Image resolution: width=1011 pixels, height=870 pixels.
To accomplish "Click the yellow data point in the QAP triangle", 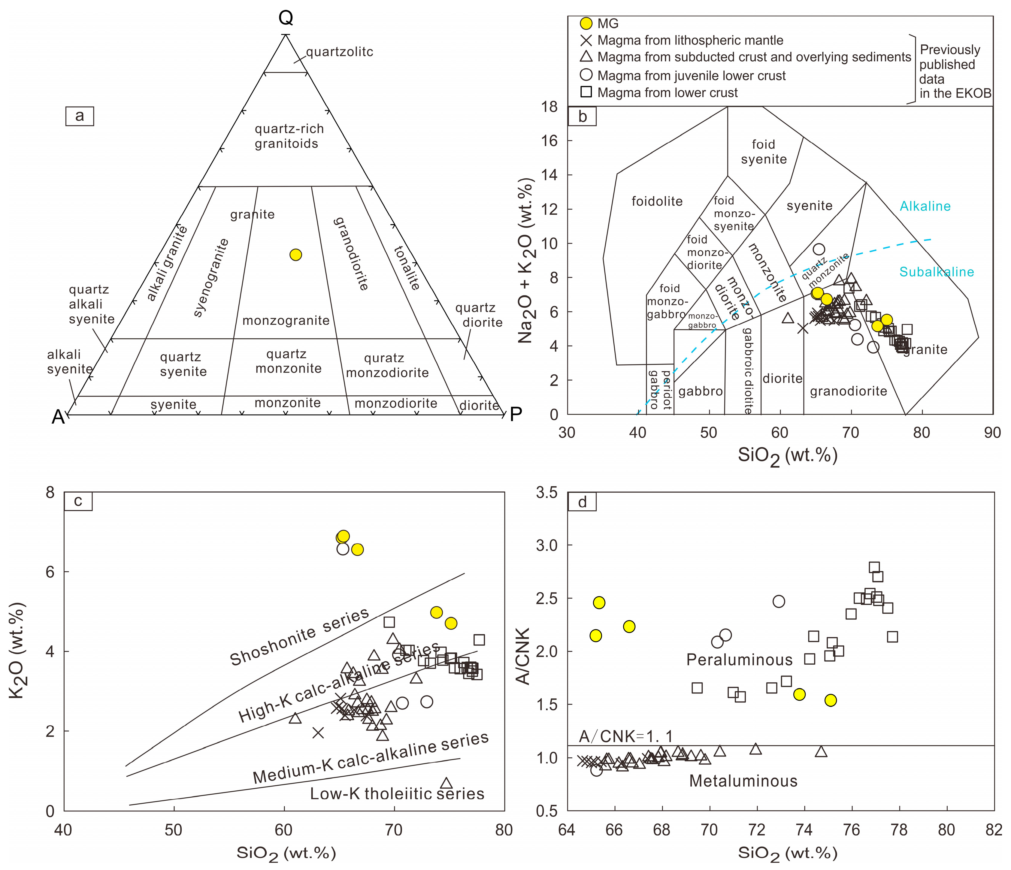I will tap(295, 255).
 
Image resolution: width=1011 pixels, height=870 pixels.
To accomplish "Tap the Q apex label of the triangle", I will tap(286, 18).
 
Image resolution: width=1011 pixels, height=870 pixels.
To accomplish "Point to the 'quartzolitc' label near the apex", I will tap(340, 52).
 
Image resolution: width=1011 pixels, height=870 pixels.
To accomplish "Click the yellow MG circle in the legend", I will tap(586, 23).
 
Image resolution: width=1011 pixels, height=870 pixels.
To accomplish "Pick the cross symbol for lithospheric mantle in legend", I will tap(586, 41).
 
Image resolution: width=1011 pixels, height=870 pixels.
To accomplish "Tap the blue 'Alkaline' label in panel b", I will tap(925, 207).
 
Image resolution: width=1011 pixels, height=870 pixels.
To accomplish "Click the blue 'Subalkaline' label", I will tap(936, 272).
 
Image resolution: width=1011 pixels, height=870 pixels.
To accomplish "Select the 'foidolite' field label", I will tap(657, 201).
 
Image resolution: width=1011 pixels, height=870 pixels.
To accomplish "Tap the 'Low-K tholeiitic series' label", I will tap(397, 794).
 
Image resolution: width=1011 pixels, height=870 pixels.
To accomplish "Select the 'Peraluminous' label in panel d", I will tap(739, 660).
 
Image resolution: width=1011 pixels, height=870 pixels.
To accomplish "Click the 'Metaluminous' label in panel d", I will tap(743, 781).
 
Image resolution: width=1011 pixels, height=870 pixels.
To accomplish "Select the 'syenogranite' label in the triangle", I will tap(211, 278).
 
